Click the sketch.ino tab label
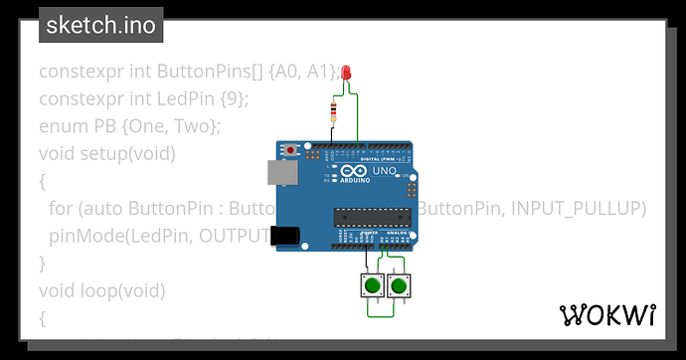click(100, 26)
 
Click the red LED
click(345, 73)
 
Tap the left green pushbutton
click(372, 286)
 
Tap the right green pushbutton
click(400, 286)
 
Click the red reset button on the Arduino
click(291, 151)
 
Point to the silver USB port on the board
click(281, 173)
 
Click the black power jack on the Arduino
click(285, 235)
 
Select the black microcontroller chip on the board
click(372, 216)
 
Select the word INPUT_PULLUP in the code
click(587, 208)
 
